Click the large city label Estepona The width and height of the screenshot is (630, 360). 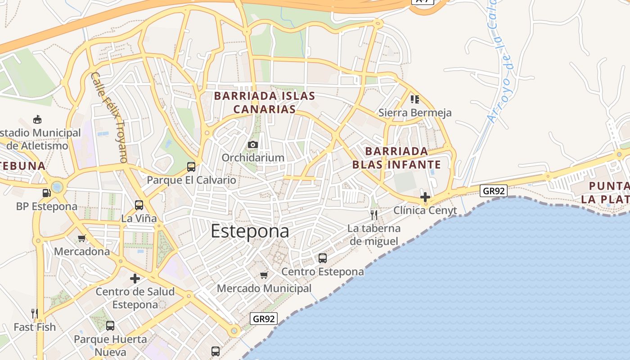click(250, 231)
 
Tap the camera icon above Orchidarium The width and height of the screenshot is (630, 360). click(253, 144)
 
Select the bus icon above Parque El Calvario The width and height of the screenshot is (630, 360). click(191, 167)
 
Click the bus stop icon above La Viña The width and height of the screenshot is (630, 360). click(139, 205)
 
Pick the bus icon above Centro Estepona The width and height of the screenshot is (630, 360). click(323, 258)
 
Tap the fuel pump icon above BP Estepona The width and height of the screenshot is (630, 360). click(46, 193)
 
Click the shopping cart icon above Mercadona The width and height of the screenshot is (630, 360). click(81, 238)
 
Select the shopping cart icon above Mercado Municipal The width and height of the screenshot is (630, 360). click(264, 274)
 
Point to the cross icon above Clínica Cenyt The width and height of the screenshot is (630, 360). click(425, 197)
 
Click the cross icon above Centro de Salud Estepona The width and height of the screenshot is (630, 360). click(135, 279)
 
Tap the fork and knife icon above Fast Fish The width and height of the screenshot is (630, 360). click(34, 313)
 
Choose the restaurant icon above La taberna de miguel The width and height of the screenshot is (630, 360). click(374, 215)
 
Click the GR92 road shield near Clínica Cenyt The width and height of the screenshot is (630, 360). click(494, 191)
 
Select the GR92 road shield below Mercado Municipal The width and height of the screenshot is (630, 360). click(264, 319)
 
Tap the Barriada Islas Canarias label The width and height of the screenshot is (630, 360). click(265, 103)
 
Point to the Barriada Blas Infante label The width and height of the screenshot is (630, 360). click(396, 157)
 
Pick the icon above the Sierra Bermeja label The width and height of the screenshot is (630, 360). click(414, 99)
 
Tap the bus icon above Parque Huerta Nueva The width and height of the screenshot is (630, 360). click(110, 325)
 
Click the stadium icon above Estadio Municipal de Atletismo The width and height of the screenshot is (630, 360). click(37, 120)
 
